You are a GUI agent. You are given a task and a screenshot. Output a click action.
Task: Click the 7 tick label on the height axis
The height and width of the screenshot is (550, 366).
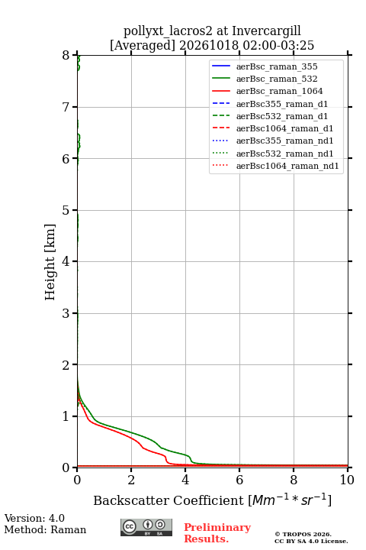tap(66, 107)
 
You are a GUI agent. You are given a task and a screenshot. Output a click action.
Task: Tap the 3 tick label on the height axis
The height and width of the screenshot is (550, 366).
tap(66, 313)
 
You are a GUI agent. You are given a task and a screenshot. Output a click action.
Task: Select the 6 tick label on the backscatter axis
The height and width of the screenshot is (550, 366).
tap(239, 480)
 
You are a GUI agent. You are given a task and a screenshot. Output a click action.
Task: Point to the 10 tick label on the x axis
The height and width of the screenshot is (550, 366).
tap(347, 480)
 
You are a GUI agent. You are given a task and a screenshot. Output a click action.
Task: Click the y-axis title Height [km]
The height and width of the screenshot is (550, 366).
tap(50, 262)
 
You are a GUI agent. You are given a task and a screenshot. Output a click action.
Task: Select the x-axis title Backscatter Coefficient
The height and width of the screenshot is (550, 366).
tap(168, 500)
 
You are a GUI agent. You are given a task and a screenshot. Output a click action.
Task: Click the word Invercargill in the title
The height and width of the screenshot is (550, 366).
tap(267, 31)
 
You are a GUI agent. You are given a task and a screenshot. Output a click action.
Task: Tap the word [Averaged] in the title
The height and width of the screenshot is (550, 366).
tap(142, 46)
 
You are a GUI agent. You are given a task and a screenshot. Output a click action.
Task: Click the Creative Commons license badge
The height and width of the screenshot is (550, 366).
tap(146, 528)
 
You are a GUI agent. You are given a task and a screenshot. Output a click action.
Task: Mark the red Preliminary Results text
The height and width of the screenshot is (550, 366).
tap(217, 533)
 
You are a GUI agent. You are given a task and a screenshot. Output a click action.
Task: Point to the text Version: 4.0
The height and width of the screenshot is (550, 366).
tap(34, 518)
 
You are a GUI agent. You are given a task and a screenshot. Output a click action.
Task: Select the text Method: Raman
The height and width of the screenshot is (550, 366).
tap(45, 529)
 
